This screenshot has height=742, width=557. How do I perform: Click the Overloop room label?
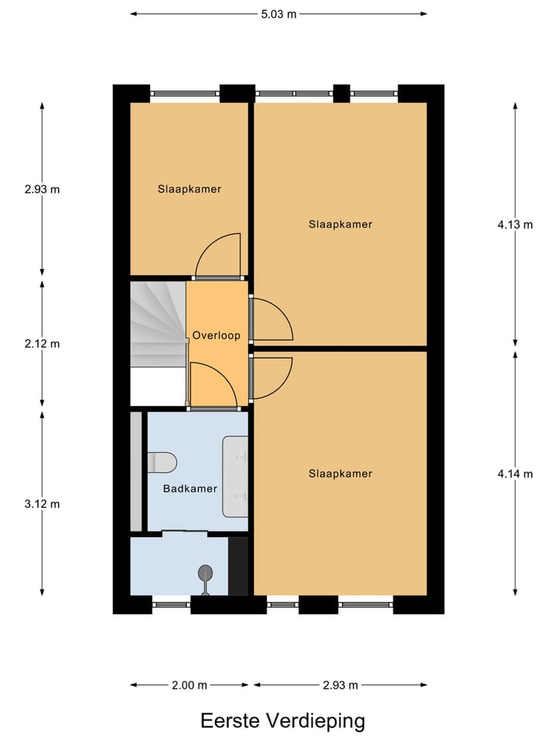pyautogui.click(x=217, y=335)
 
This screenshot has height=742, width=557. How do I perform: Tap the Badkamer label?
pyautogui.click(x=190, y=488)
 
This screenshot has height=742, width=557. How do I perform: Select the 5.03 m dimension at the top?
pyautogui.click(x=278, y=13)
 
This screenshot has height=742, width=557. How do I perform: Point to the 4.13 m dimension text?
pyautogui.click(x=515, y=225)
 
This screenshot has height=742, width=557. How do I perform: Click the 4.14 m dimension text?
pyautogui.click(x=515, y=474)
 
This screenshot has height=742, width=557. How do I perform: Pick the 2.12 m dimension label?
pyautogui.click(x=42, y=344)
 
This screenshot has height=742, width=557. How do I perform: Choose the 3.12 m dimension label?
pyautogui.click(x=42, y=504)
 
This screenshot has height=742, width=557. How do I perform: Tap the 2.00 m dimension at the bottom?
pyautogui.click(x=190, y=685)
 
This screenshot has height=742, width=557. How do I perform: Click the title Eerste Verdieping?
pyautogui.click(x=282, y=721)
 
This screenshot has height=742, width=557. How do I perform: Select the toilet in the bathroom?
pyautogui.click(x=162, y=462)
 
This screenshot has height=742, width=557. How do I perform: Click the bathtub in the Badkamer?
pyautogui.click(x=235, y=476)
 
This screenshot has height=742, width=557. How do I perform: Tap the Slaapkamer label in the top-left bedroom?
pyautogui.click(x=190, y=189)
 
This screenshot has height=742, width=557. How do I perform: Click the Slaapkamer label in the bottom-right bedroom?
pyautogui.click(x=340, y=474)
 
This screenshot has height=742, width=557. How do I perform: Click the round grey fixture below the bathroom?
pyautogui.click(x=206, y=574)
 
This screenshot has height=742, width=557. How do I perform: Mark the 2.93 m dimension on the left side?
pyautogui.click(x=42, y=189)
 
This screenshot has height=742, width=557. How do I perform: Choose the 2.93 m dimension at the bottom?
pyautogui.click(x=340, y=685)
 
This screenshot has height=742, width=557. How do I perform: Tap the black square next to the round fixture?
pyautogui.click(x=238, y=565)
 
